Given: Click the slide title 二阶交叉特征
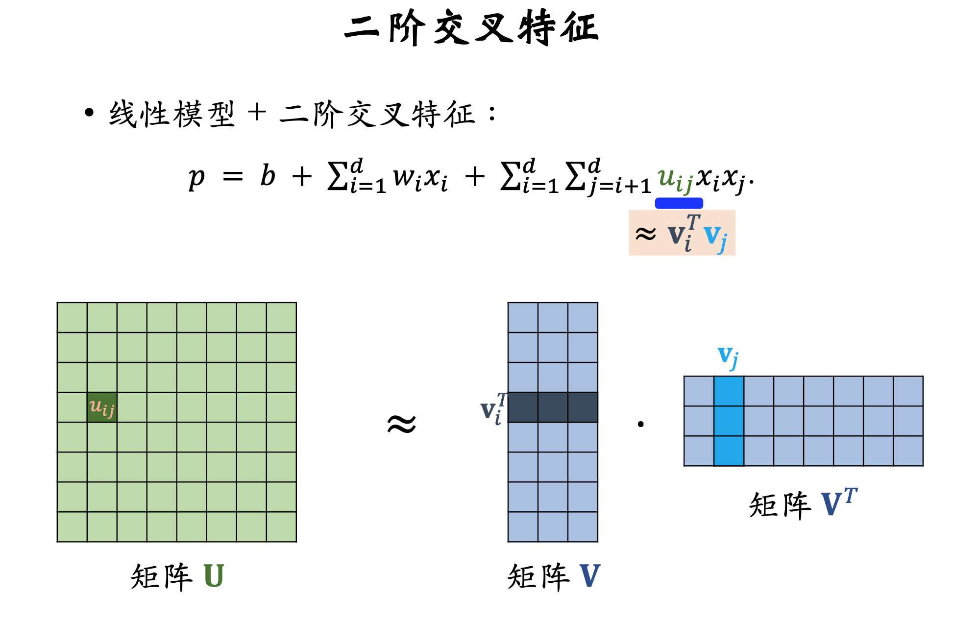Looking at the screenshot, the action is pyautogui.click(x=471, y=28).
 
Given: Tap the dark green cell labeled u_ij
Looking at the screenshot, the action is pyautogui.click(x=102, y=407).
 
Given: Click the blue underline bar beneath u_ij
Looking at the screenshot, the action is pyautogui.click(x=679, y=203).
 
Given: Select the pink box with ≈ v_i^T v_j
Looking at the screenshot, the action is pyautogui.click(x=682, y=233).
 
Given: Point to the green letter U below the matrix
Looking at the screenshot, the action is pyautogui.click(x=214, y=576).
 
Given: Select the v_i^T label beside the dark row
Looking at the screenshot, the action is pyautogui.click(x=492, y=409).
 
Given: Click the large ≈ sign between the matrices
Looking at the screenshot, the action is pyautogui.click(x=401, y=424).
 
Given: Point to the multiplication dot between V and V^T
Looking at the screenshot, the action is pyautogui.click(x=640, y=424).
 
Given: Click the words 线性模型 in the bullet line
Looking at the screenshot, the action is pyautogui.click(x=172, y=115).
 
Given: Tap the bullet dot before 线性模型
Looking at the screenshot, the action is pyautogui.click(x=89, y=113).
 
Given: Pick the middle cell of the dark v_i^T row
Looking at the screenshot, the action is pyautogui.click(x=553, y=407).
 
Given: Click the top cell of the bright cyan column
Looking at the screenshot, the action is pyautogui.click(x=729, y=391).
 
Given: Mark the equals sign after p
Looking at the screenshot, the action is pyautogui.click(x=233, y=176).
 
